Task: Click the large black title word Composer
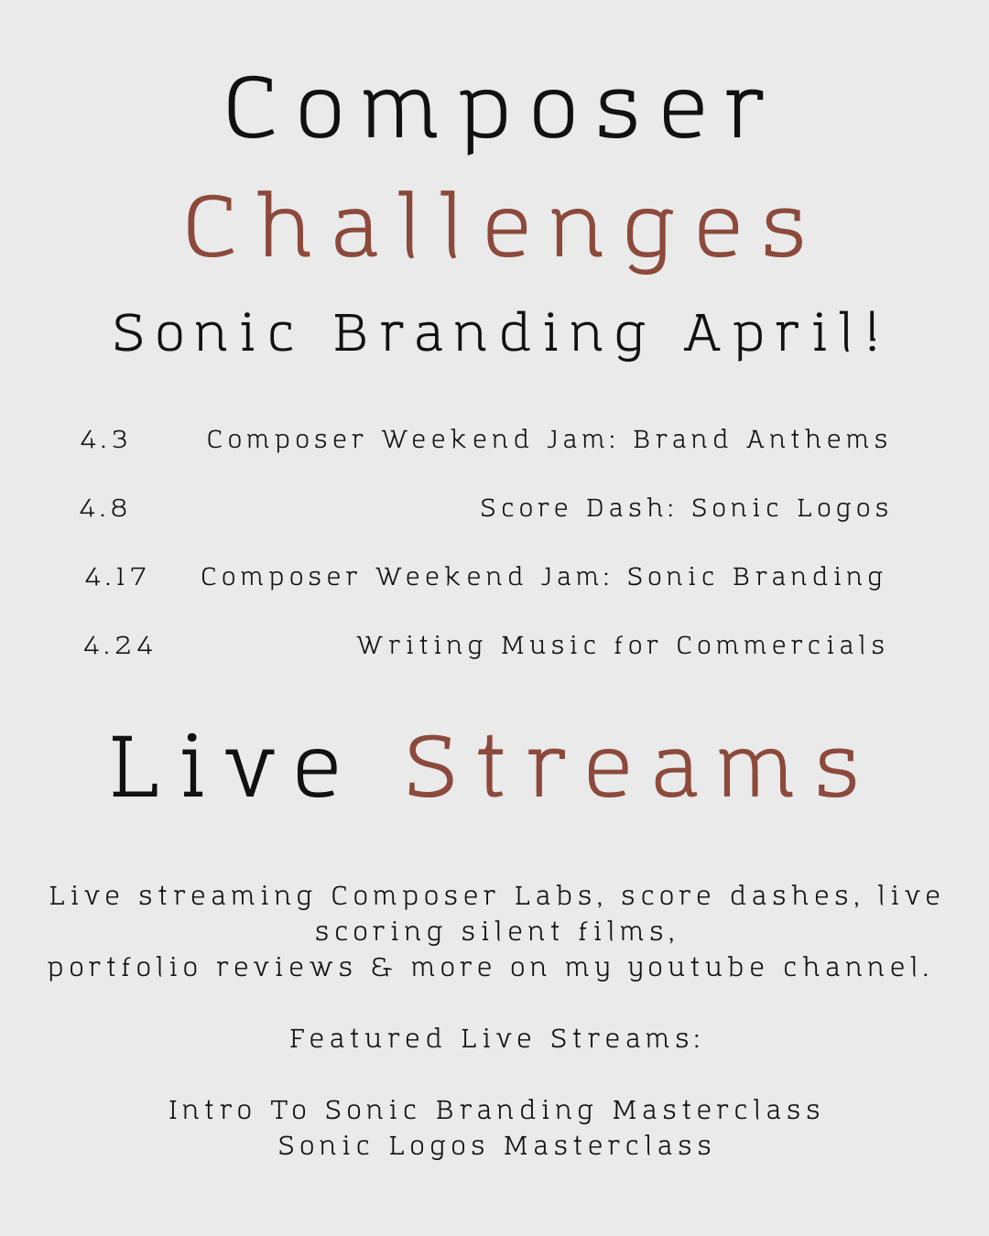coord(494,112)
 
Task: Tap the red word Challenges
coord(496,230)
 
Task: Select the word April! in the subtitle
coord(781,335)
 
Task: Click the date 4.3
coord(104,440)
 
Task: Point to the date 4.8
coord(103,508)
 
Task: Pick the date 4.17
coord(115,577)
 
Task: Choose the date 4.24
coord(118,645)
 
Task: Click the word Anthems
coord(817,439)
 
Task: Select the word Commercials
coord(780,645)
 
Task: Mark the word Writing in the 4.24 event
coord(420,646)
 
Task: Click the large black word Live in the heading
coord(225,767)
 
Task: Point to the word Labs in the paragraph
coord(553,896)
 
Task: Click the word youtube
coord(696,969)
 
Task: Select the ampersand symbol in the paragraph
coord(382,967)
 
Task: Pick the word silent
coord(511,932)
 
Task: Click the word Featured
coord(365,1038)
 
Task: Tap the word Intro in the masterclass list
coord(211,1110)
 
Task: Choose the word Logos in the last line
coord(438,1147)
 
